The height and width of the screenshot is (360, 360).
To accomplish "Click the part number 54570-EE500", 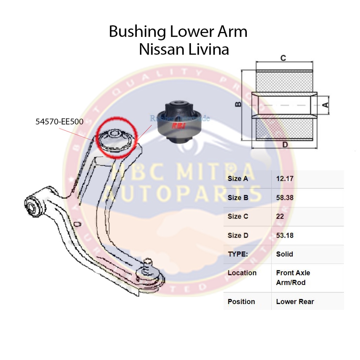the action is tap(59, 122).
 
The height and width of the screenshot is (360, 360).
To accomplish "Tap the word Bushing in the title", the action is tap(137, 32).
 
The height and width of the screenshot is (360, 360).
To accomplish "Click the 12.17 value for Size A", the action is tap(284, 179).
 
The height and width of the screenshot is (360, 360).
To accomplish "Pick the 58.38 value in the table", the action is tap(284, 198).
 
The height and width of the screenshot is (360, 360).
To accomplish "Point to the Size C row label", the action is tap(238, 216).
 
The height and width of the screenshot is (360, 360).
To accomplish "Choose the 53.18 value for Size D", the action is tap(284, 235).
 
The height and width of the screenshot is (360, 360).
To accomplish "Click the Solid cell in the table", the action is tap(284, 254).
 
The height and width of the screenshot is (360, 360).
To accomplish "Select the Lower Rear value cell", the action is tap(295, 301).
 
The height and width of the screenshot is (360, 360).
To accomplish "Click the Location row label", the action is tap(242, 273).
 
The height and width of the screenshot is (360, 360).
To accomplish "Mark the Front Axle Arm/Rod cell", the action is tap(293, 277).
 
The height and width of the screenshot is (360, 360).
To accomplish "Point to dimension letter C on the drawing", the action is tap(283, 58).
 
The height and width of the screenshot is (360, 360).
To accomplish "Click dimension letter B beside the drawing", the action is tap(238, 104).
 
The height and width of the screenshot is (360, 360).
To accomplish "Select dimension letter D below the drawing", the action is tap(285, 144).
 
